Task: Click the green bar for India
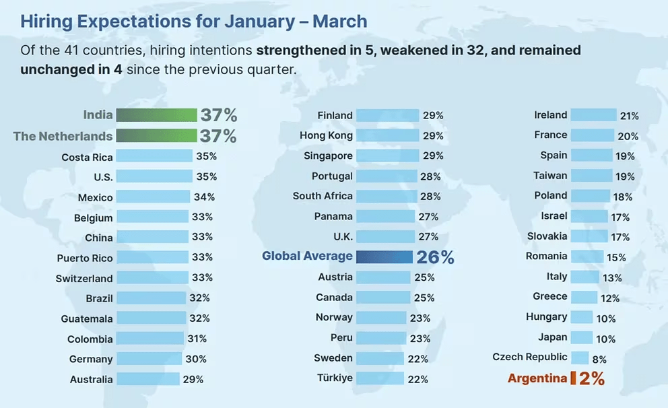pos(156,115)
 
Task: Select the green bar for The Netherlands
pos(156,136)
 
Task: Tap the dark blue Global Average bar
pos(384,257)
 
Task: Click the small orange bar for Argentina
pos(573,378)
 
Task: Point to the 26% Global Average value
pos(435,257)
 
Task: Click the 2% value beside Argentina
pos(592,378)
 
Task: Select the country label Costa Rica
pos(87,157)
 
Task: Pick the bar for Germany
pos(149,359)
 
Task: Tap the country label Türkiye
pos(335,378)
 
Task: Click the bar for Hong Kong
pos(387,135)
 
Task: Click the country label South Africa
pos(323,196)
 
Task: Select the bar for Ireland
pos(593,115)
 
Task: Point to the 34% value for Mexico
pos(204,197)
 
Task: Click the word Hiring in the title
pos(46,21)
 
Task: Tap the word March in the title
pos(340,21)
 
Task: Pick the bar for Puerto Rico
pos(152,258)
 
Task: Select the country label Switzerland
pos(84,278)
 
